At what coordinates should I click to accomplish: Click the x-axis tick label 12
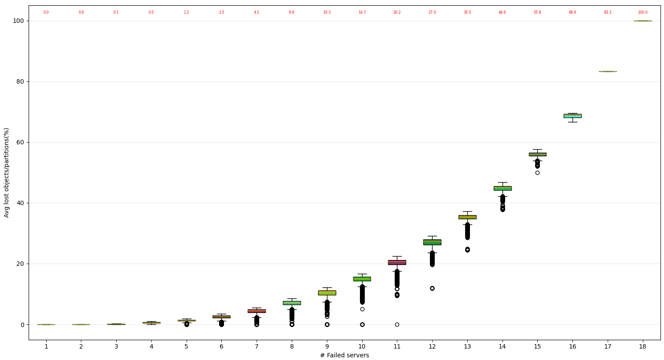pyautogui.click(x=432, y=347)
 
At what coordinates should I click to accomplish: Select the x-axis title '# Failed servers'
pyautogui.click(x=345, y=356)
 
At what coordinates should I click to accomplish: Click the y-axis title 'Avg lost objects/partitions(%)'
pyautogui.click(x=7, y=173)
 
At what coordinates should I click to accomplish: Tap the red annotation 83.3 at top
pyautogui.click(x=608, y=12)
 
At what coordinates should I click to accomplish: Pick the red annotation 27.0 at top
pyautogui.click(x=432, y=12)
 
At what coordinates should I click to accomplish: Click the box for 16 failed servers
pyautogui.click(x=572, y=116)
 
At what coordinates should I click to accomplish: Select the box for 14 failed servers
pyautogui.click(x=503, y=188)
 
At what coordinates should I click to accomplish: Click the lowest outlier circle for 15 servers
pyautogui.click(x=537, y=173)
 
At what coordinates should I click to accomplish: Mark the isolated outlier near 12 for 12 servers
pyautogui.click(x=432, y=288)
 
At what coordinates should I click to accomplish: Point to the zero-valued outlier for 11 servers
pyautogui.click(x=397, y=324)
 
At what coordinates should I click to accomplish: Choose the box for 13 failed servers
pyautogui.click(x=467, y=217)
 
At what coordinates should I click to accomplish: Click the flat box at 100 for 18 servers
pyautogui.click(x=643, y=21)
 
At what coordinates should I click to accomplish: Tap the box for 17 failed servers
pyautogui.click(x=608, y=71)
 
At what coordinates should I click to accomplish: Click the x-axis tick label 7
pyautogui.click(x=257, y=347)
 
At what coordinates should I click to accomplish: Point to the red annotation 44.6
pyautogui.click(x=502, y=12)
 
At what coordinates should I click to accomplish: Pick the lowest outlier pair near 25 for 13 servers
pyautogui.click(x=467, y=250)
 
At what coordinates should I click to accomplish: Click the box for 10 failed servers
pyautogui.click(x=362, y=279)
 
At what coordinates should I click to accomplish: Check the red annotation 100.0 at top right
pyautogui.click(x=643, y=12)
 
